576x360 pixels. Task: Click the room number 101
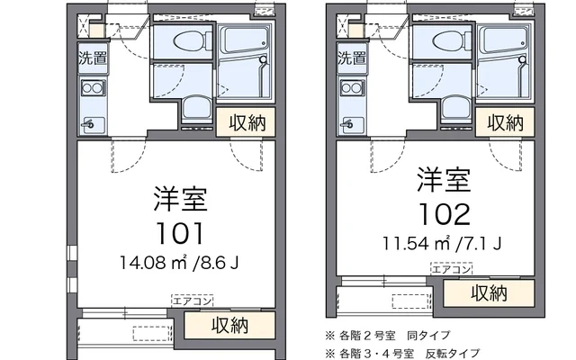180,234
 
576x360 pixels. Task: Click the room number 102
445,214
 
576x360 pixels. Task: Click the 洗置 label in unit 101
93,58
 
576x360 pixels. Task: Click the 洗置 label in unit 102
352,58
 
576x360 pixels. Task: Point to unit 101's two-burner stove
93,88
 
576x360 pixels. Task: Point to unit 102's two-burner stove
352,88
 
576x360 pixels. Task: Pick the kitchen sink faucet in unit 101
88,125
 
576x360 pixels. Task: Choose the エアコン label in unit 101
192,301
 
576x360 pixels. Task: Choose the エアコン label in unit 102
452,269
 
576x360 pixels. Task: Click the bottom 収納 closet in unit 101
229,326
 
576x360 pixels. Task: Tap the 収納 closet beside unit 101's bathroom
246,122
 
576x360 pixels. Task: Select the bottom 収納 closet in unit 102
489,293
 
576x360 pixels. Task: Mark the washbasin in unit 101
196,109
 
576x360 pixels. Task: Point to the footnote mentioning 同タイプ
388,336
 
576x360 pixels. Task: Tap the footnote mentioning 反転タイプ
402,354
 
